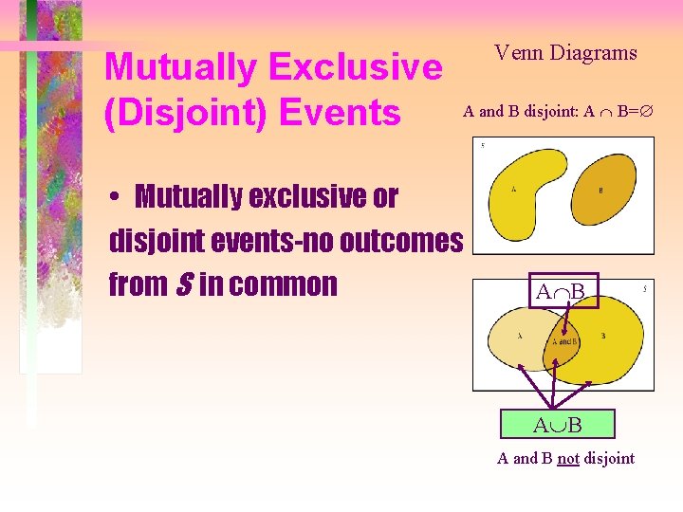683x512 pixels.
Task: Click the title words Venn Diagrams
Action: point(565,53)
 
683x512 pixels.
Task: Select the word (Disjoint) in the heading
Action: point(181,113)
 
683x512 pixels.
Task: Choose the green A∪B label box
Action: point(559,424)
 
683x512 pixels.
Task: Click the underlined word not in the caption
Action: point(568,459)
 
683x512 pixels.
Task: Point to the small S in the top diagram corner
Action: point(483,145)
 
